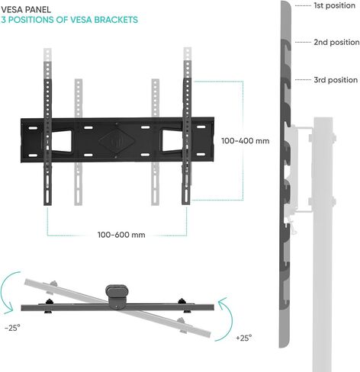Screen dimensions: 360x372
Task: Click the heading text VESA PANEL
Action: coord(26,10)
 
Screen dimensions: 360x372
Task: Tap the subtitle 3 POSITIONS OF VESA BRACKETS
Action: coord(69,20)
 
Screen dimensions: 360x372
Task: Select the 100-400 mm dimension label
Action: coord(246,141)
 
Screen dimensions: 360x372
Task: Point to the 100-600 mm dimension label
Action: coord(121,235)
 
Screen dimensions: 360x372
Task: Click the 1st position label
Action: coord(335,5)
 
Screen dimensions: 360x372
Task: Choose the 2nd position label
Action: coord(336,42)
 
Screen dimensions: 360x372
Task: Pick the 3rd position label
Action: coord(336,80)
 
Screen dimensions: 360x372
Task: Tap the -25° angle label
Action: coord(12,328)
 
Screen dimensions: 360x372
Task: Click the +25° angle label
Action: coord(244,338)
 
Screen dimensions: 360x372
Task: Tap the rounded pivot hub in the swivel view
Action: coord(116,296)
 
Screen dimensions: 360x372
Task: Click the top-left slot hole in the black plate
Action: coord(33,128)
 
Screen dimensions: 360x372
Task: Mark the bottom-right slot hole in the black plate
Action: coord(201,154)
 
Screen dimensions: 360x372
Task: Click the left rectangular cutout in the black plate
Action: coord(61,141)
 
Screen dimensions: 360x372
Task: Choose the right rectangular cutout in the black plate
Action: coord(172,141)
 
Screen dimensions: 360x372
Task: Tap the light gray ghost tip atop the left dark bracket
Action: coord(47,55)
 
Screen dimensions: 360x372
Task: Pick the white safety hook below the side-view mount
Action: coord(293,227)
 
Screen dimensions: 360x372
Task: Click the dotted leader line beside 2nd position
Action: coord(303,42)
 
